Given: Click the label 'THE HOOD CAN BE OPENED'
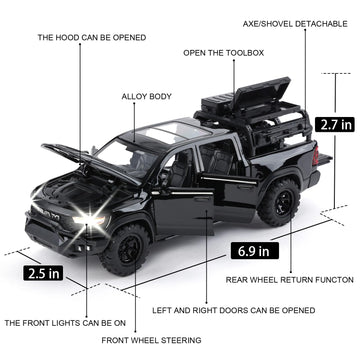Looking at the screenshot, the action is click(92, 37).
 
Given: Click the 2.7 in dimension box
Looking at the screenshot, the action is click(334, 127).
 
